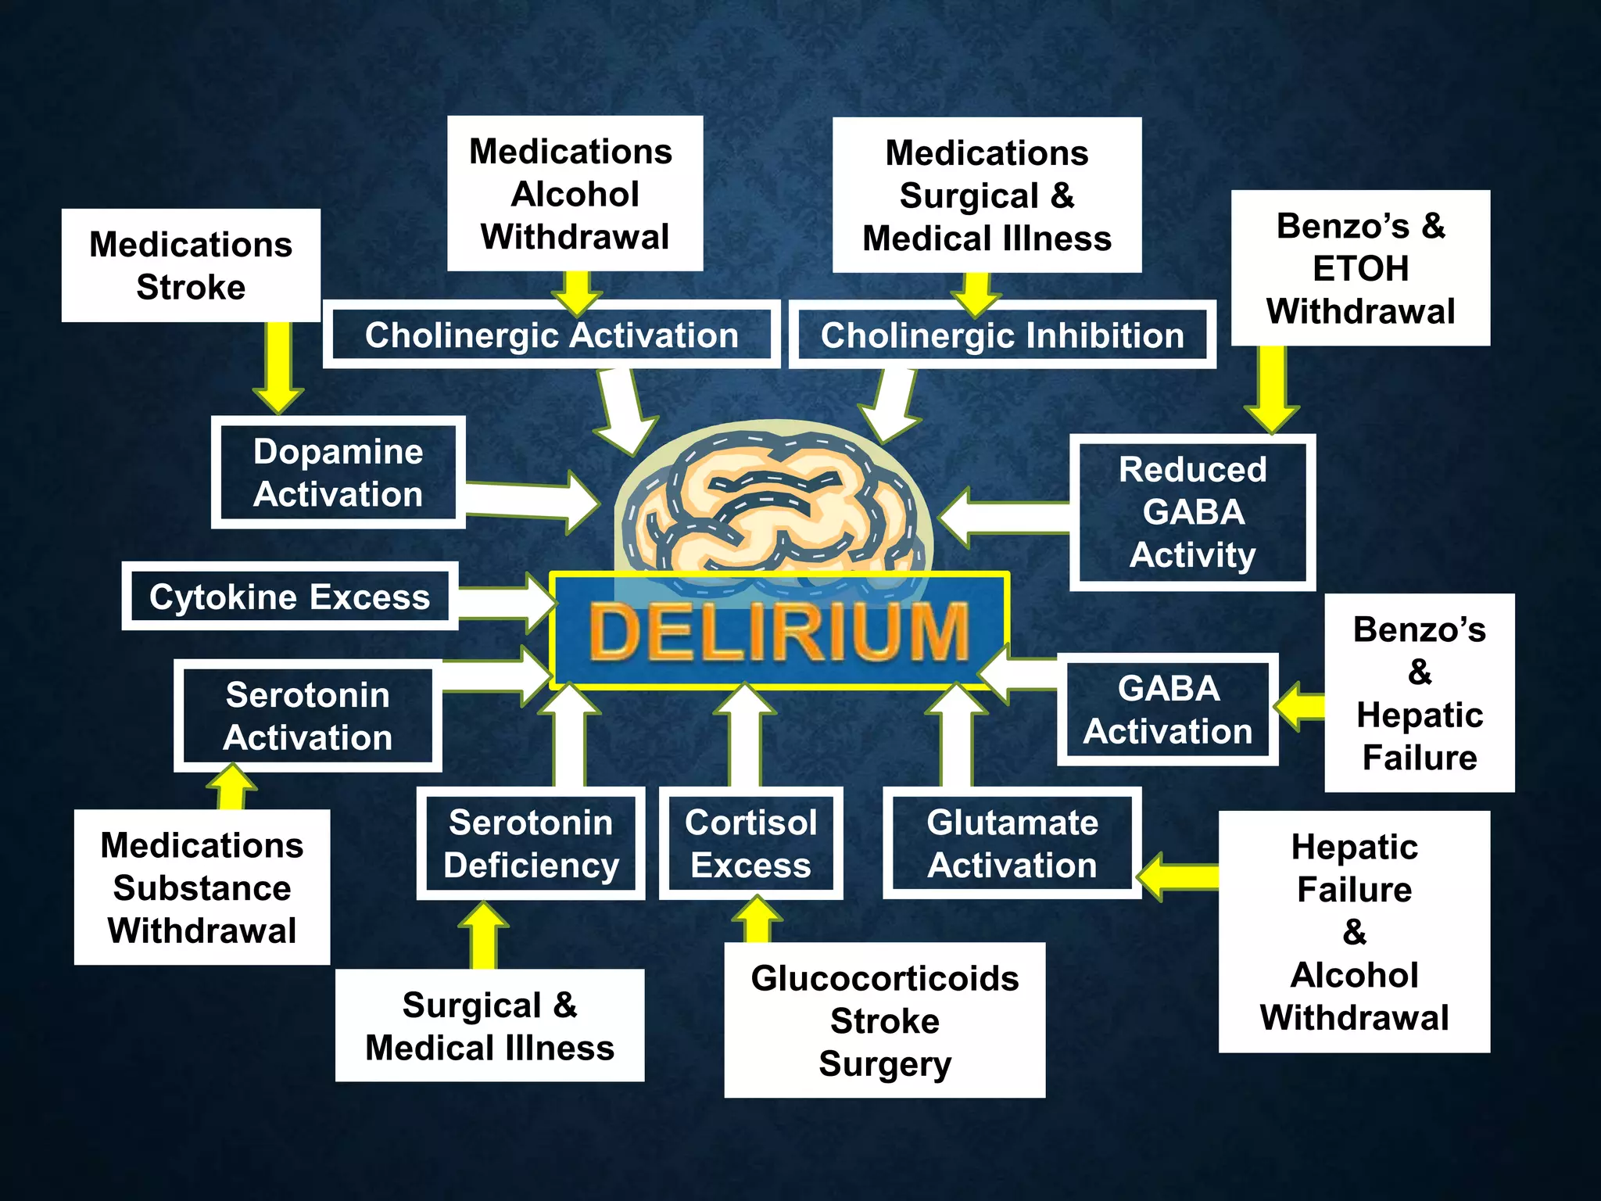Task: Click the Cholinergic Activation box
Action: coord(551,335)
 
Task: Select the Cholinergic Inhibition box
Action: coord(1001,335)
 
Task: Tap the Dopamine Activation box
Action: coord(338,472)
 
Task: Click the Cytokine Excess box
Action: coord(289,597)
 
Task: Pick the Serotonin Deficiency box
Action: coord(531,844)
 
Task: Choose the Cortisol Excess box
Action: coord(750,844)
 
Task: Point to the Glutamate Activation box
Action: coord(1012,844)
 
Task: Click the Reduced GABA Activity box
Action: coord(1192,512)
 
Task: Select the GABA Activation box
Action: coord(1168,709)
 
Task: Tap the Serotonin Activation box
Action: coord(307,715)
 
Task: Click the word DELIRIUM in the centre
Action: coord(779,632)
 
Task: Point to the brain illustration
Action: coord(774,500)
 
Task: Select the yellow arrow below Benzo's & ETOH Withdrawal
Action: coord(1272,387)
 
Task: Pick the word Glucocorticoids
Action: coord(885,978)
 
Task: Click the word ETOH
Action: coord(1360,269)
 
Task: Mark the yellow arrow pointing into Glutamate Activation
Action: coord(1177,876)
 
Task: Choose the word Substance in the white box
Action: coord(202,888)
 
